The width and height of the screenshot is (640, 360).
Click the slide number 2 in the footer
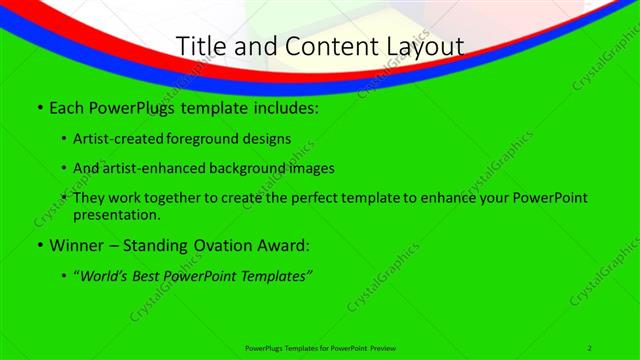tap(590, 347)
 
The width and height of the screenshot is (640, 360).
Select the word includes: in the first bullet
tap(283, 107)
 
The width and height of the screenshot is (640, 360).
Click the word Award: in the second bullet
tap(287, 245)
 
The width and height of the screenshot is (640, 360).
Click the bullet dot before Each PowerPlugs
tap(39, 107)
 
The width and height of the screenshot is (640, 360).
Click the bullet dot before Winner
tap(39, 245)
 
